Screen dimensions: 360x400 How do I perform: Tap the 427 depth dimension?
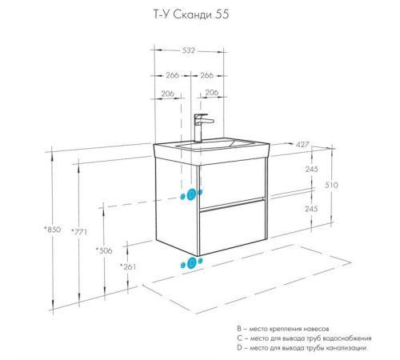[303, 145]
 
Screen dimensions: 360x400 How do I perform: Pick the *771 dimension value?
[78, 232]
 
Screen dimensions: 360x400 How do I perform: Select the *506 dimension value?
[103, 250]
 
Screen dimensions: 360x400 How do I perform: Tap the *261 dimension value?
[126, 266]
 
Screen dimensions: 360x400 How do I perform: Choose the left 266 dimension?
[172, 76]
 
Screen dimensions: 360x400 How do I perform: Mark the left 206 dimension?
[167, 94]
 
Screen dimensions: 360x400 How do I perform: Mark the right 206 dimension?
[212, 94]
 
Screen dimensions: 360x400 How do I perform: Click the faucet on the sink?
[202, 126]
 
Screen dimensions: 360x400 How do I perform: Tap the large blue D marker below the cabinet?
[191, 262]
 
